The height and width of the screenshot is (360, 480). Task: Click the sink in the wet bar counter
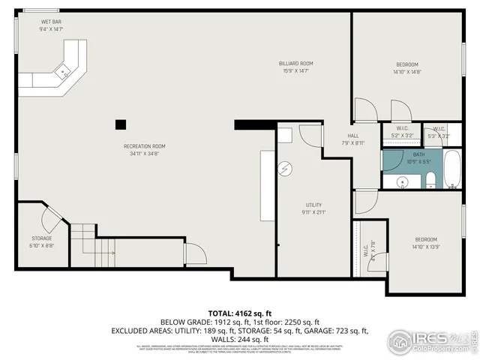(65, 72)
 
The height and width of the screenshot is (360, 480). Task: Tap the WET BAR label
(51, 22)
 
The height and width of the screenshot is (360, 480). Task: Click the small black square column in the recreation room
(120, 124)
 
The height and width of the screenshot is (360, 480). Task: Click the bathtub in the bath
(453, 169)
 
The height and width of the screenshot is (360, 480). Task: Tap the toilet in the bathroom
(431, 180)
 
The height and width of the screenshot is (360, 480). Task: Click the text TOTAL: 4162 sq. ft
(239, 312)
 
